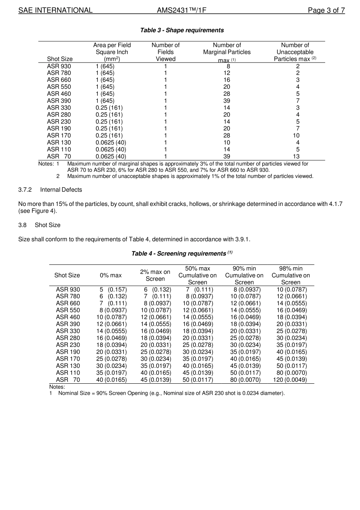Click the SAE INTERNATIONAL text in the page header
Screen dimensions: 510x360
(x=55, y=10)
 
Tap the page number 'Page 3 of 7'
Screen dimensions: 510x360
(x=326, y=10)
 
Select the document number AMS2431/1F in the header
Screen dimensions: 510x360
(x=182, y=10)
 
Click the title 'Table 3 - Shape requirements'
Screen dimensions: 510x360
(x=182, y=30)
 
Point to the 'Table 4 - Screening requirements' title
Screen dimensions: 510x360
(x=178, y=254)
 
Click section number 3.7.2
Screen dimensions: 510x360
(x=25, y=190)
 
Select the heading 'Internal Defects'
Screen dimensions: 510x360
(x=61, y=190)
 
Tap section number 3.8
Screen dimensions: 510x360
(x=22, y=225)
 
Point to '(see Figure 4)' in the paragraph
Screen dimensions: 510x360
(x=38, y=211)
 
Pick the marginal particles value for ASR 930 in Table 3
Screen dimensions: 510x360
(x=228, y=66)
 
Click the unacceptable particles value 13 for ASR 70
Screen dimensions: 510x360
(x=296, y=156)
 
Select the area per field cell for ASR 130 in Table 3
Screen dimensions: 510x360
(x=111, y=143)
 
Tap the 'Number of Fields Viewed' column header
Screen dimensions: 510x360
(x=166, y=52)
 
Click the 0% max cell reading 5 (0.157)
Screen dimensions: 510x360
(x=113, y=290)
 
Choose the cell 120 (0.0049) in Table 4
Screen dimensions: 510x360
(x=290, y=380)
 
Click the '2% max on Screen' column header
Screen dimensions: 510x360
(x=155, y=275)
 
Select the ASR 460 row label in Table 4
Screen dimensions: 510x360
(x=68, y=317)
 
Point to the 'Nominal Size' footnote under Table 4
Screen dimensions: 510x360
(x=171, y=393)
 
